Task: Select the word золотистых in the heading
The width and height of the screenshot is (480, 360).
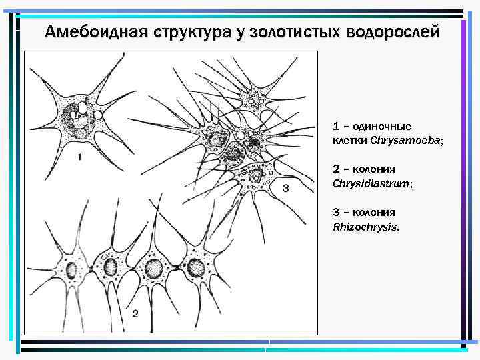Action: (x=287, y=31)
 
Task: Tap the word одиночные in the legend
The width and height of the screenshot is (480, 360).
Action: (x=382, y=126)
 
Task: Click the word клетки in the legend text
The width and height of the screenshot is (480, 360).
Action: (x=349, y=141)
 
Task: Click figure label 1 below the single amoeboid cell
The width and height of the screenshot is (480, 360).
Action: (x=79, y=157)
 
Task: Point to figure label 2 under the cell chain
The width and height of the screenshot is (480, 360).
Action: (x=135, y=313)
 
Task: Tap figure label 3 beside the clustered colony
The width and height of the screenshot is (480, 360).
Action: (x=285, y=189)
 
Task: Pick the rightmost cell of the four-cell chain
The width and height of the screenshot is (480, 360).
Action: (x=195, y=267)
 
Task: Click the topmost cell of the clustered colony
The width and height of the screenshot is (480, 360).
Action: (x=253, y=101)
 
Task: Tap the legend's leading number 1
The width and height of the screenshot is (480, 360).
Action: (x=337, y=126)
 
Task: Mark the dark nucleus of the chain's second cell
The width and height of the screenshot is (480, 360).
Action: (x=111, y=267)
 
